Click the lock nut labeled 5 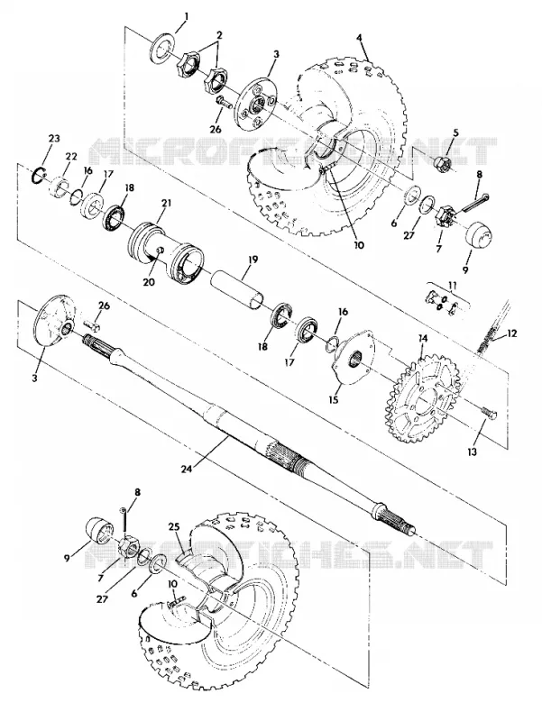[443, 163]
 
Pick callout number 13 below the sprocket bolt [472, 452]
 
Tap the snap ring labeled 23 [39, 175]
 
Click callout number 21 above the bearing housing [167, 203]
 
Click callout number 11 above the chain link [452, 286]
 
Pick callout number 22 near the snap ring [70, 157]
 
